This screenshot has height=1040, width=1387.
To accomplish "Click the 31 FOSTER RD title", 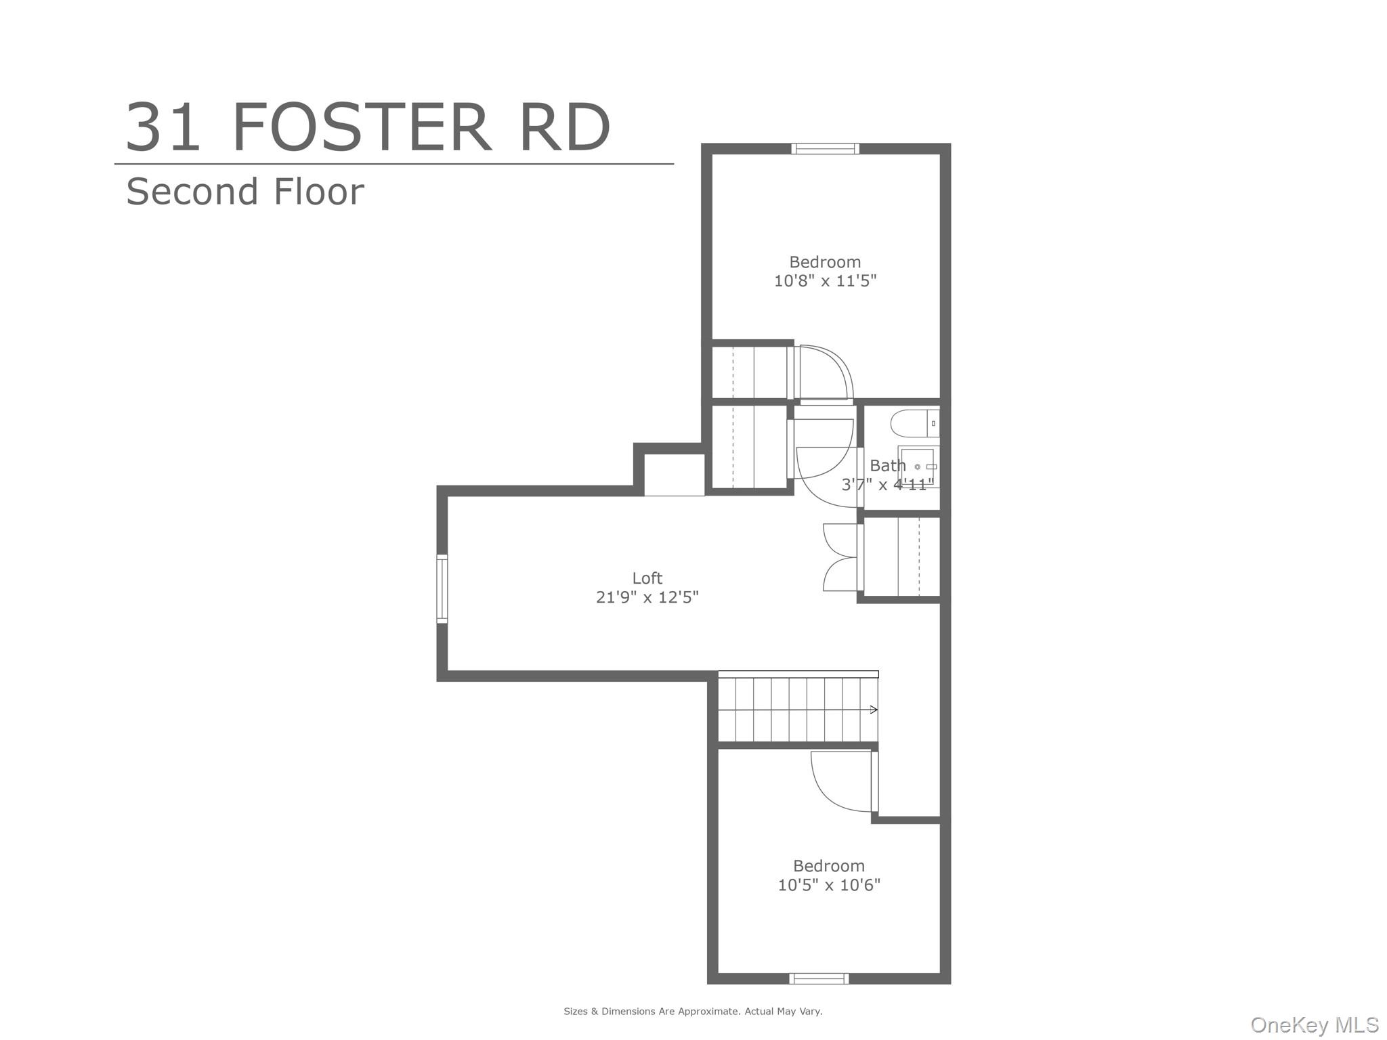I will pyautogui.click(x=368, y=127).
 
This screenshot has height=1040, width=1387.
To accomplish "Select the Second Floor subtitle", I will pyautogui.click(x=244, y=192).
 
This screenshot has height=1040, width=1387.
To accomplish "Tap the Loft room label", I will pyautogui.click(x=647, y=578).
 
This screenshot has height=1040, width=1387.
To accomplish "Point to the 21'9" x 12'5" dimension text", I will pyautogui.click(x=647, y=597).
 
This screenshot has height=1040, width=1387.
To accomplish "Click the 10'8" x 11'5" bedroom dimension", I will pyautogui.click(x=825, y=280).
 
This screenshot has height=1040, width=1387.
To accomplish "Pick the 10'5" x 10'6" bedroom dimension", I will pyautogui.click(x=828, y=884).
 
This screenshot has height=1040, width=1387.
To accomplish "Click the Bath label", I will pyautogui.click(x=887, y=466).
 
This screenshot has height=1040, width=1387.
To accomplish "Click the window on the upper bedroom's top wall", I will pyautogui.click(x=825, y=149).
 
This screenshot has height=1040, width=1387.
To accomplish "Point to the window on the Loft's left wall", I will pyautogui.click(x=442, y=588).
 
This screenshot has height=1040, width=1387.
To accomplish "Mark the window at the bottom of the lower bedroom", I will pyautogui.click(x=819, y=978).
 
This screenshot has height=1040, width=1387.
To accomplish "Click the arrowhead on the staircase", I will pyautogui.click(x=874, y=710).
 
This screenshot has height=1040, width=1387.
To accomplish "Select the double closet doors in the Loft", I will pyautogui.click(x=840, y=557).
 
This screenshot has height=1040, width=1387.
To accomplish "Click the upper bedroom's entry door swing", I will pyautogui.click(x=825, y=372).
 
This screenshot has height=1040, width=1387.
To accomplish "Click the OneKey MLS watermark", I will pyautogui.click(x=1314, y=1025).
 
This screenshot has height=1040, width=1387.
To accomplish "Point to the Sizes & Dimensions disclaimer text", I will pyautogui.click(x=693, y=1012).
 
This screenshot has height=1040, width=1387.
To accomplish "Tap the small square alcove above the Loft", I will pyautogui.click(x=673, y=475).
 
